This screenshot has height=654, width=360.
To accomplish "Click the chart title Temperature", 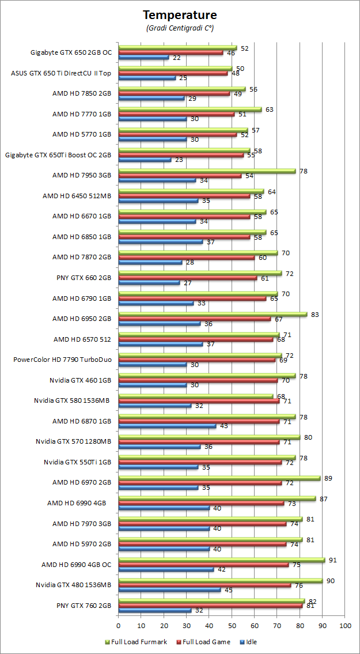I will click(180, 14).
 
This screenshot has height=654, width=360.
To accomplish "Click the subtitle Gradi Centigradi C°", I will click(180, 27).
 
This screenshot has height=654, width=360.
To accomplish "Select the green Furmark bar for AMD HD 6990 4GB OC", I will click(221, 560).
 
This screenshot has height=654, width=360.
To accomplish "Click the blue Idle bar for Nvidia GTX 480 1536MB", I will click(169, 589).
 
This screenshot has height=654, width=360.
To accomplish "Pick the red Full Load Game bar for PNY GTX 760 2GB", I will click(210, 606).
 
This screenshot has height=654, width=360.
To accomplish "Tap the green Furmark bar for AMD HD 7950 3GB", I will click(207, 171).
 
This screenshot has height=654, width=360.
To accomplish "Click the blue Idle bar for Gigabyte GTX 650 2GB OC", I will click(143, 57).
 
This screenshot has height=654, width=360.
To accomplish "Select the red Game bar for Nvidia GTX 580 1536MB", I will click(199, 400).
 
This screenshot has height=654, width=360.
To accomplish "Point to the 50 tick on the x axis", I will click(232, 625).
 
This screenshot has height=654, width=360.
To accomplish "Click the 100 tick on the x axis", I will click(345, 625).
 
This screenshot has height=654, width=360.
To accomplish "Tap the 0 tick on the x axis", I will click(118, 625).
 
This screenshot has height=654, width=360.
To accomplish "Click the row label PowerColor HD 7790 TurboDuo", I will click(62, 360).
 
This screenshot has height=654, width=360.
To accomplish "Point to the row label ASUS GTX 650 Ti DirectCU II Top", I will click(61, 73).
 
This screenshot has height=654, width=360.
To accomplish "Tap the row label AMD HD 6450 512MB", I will click(77, 196).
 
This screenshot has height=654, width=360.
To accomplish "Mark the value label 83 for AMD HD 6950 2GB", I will click(314, 315).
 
